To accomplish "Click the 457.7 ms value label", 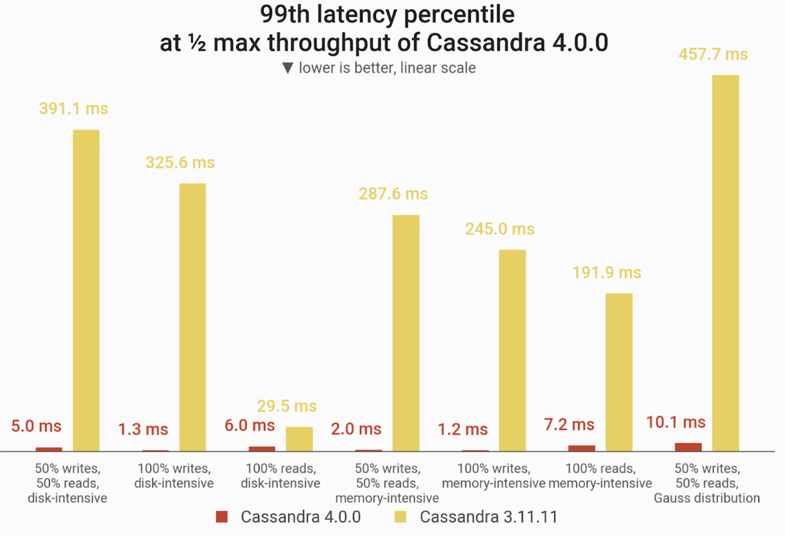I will (713, 55).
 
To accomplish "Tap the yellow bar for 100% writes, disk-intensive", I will (192, 317).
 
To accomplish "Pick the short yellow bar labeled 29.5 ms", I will (299, 439).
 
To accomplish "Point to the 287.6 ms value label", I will (393, 194).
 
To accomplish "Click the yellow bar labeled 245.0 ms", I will (512, 350).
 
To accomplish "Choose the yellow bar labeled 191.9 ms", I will (619, 372).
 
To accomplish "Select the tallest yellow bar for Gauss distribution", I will (725, 263).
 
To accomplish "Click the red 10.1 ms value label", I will (676, 422).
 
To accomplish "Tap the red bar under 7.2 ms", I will (582, 448).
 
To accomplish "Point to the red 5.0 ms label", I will (36, 426).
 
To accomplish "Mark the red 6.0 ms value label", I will (250, 425).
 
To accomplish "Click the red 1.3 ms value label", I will (143, 429).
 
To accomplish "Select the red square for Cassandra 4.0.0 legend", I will (222, 517).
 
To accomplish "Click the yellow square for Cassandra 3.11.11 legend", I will (401, 517).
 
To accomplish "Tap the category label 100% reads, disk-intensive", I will (280, 476).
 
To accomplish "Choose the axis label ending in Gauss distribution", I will (707, 483).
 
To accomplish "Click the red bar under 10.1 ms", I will (688, 447).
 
